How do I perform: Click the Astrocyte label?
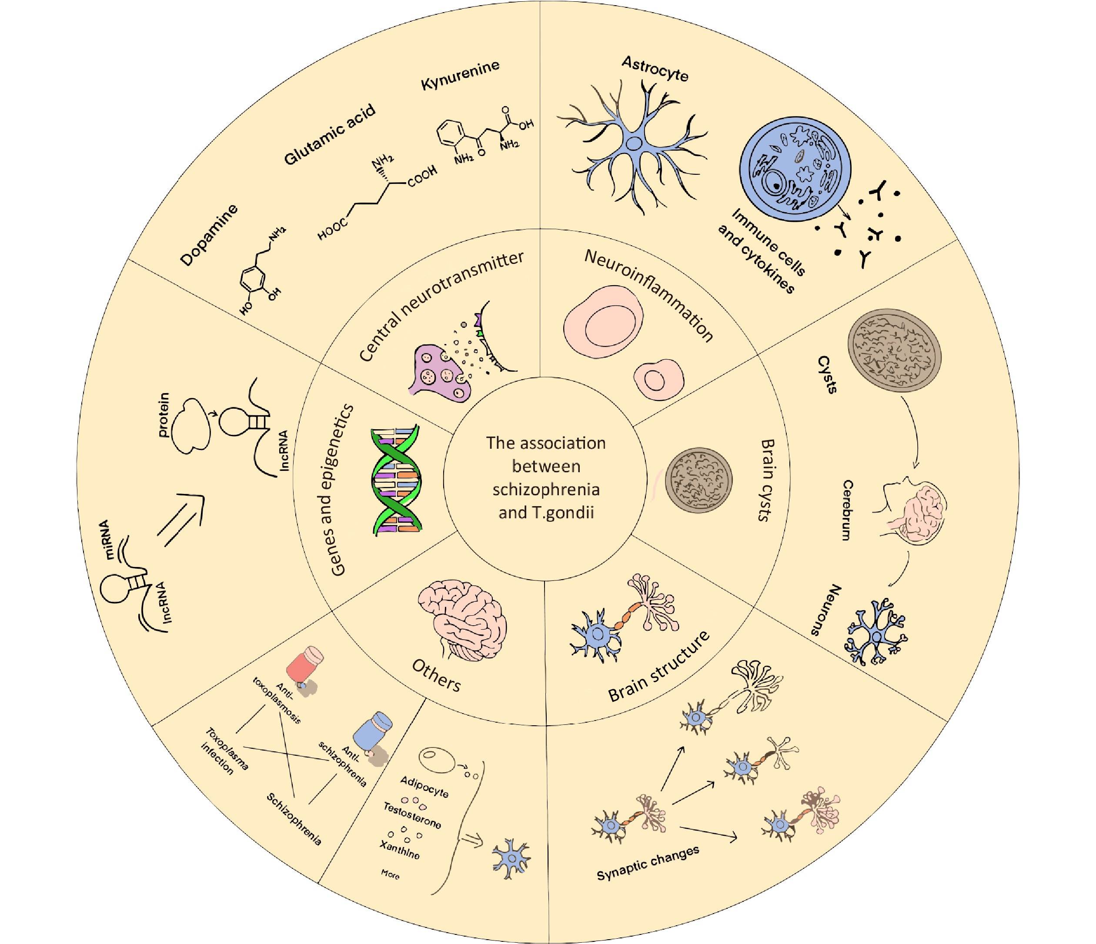[655, 69]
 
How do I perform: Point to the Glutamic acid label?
[330, 134]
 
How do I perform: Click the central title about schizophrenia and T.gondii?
[546, 477]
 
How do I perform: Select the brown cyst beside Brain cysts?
[698, 480]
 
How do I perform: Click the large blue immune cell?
[795, 169]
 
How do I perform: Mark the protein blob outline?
[190, 426]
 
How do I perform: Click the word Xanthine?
[400, 849]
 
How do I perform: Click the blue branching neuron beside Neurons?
[876, 631]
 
